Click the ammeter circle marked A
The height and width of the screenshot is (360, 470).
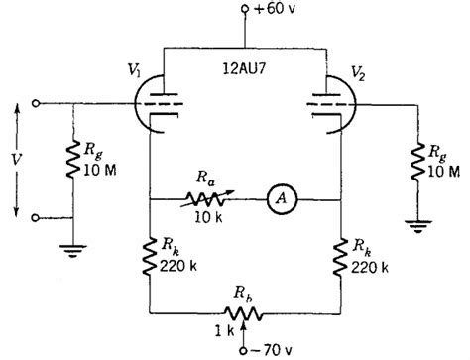coord(280,199)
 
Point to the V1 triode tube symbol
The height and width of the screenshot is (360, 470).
coord(150,103)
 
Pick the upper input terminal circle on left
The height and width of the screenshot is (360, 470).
coord(37,102)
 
